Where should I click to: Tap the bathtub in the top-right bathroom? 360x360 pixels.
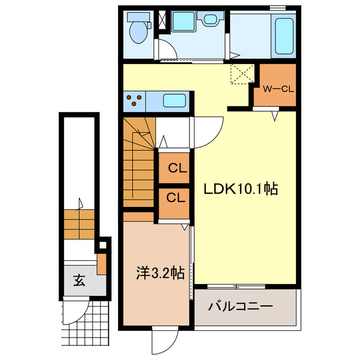coord(283,37)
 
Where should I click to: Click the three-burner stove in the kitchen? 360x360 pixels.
coord(134,101)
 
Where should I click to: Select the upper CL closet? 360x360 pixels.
coord(174,168)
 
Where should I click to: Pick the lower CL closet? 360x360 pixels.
coord(174,199)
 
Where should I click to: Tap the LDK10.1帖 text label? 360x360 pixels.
coord(240,190)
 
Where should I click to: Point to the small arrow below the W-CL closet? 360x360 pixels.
coord(274,116)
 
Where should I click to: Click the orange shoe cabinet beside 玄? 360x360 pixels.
coord(101,264)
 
